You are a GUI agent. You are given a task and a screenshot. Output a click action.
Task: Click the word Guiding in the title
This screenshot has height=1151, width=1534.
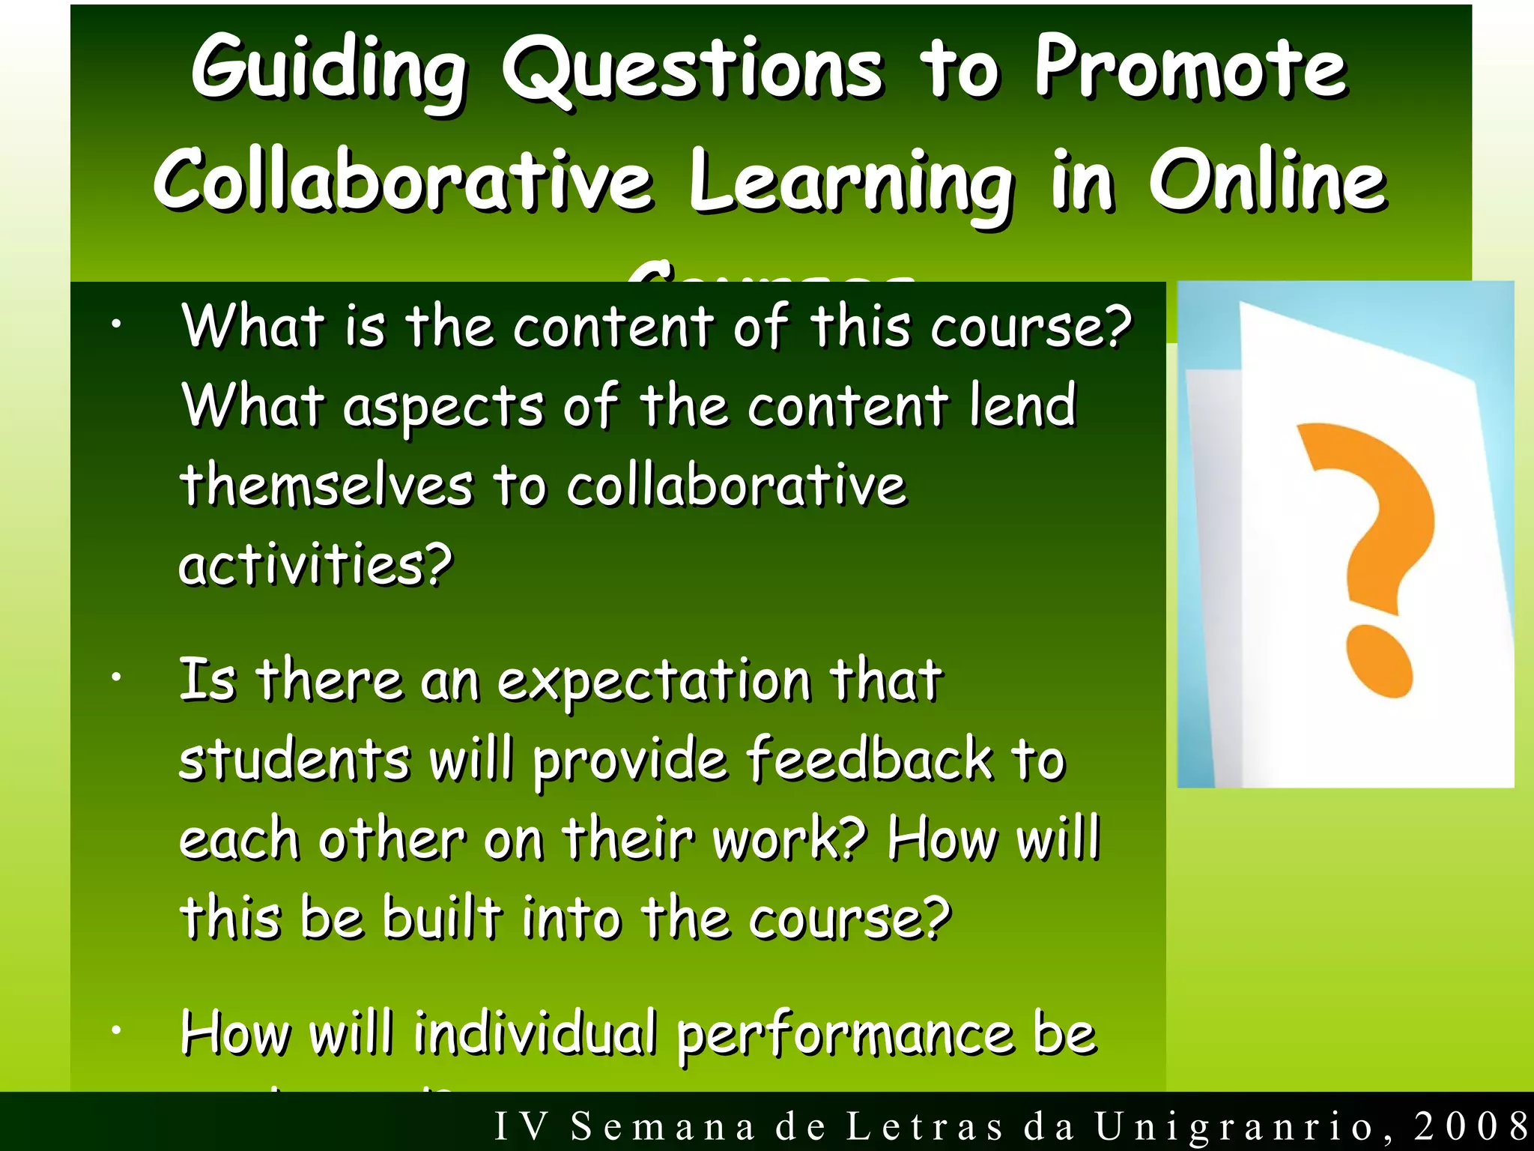coord(330,71)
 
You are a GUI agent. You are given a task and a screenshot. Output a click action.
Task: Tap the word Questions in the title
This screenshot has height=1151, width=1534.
coord(693,71)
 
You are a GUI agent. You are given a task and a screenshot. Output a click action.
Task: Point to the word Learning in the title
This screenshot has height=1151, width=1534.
coord(851,184)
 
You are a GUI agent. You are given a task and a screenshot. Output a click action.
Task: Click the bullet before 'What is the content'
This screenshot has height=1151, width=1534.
coord(115,324)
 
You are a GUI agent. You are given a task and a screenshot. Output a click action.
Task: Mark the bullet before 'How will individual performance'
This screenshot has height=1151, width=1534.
coord(115,1031)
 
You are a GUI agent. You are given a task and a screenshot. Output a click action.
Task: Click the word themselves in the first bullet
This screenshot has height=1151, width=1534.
coord(327,485)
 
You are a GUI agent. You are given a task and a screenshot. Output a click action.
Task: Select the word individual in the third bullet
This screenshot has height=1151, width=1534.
coord(535,1034)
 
